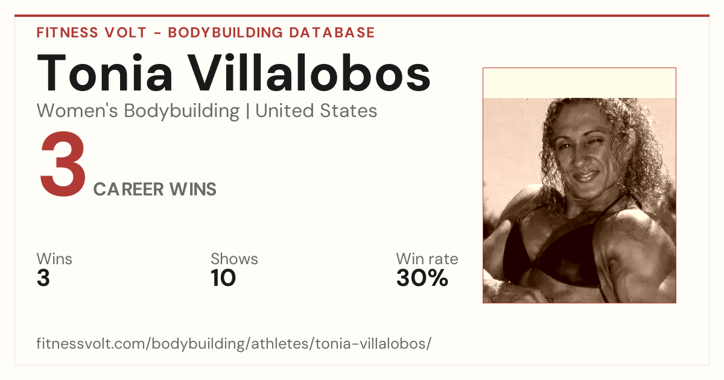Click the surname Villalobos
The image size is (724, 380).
coord(309,73)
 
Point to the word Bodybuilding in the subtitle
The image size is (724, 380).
coord(182,112)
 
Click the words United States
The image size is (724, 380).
coord(316,110)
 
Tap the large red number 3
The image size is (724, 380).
coord(63,163)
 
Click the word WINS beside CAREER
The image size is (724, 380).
coord(193,189)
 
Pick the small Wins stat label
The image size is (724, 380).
coord(54,259)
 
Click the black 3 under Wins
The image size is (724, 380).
coord(43,277)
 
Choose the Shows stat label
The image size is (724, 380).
coord(234,259)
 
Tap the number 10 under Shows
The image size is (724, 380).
coord(223,277)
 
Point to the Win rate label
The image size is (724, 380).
coord(427,259)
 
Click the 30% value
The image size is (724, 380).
coord(422,277)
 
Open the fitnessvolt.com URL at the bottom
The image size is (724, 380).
coord(233,343)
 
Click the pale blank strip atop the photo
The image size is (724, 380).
coord(579,83)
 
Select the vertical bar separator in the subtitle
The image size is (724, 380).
coord(247,111)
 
